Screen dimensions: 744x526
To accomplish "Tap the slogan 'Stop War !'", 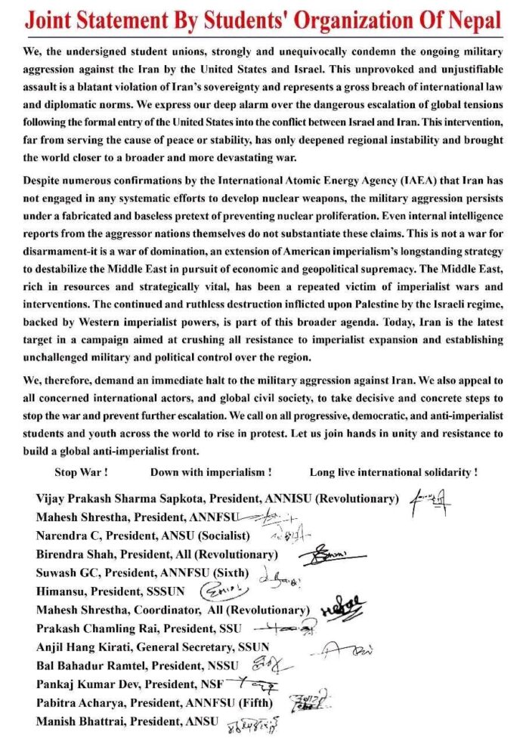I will pyautogui.click(x=82, y=472).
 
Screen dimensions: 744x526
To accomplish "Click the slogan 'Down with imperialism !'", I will pyautogui.click(x=211, y=472).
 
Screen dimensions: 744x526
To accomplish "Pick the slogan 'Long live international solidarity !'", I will pyautogui.click(x=393, y=472).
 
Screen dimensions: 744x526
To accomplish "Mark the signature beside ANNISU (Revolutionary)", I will pyautogui.click(x=432, y=499).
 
